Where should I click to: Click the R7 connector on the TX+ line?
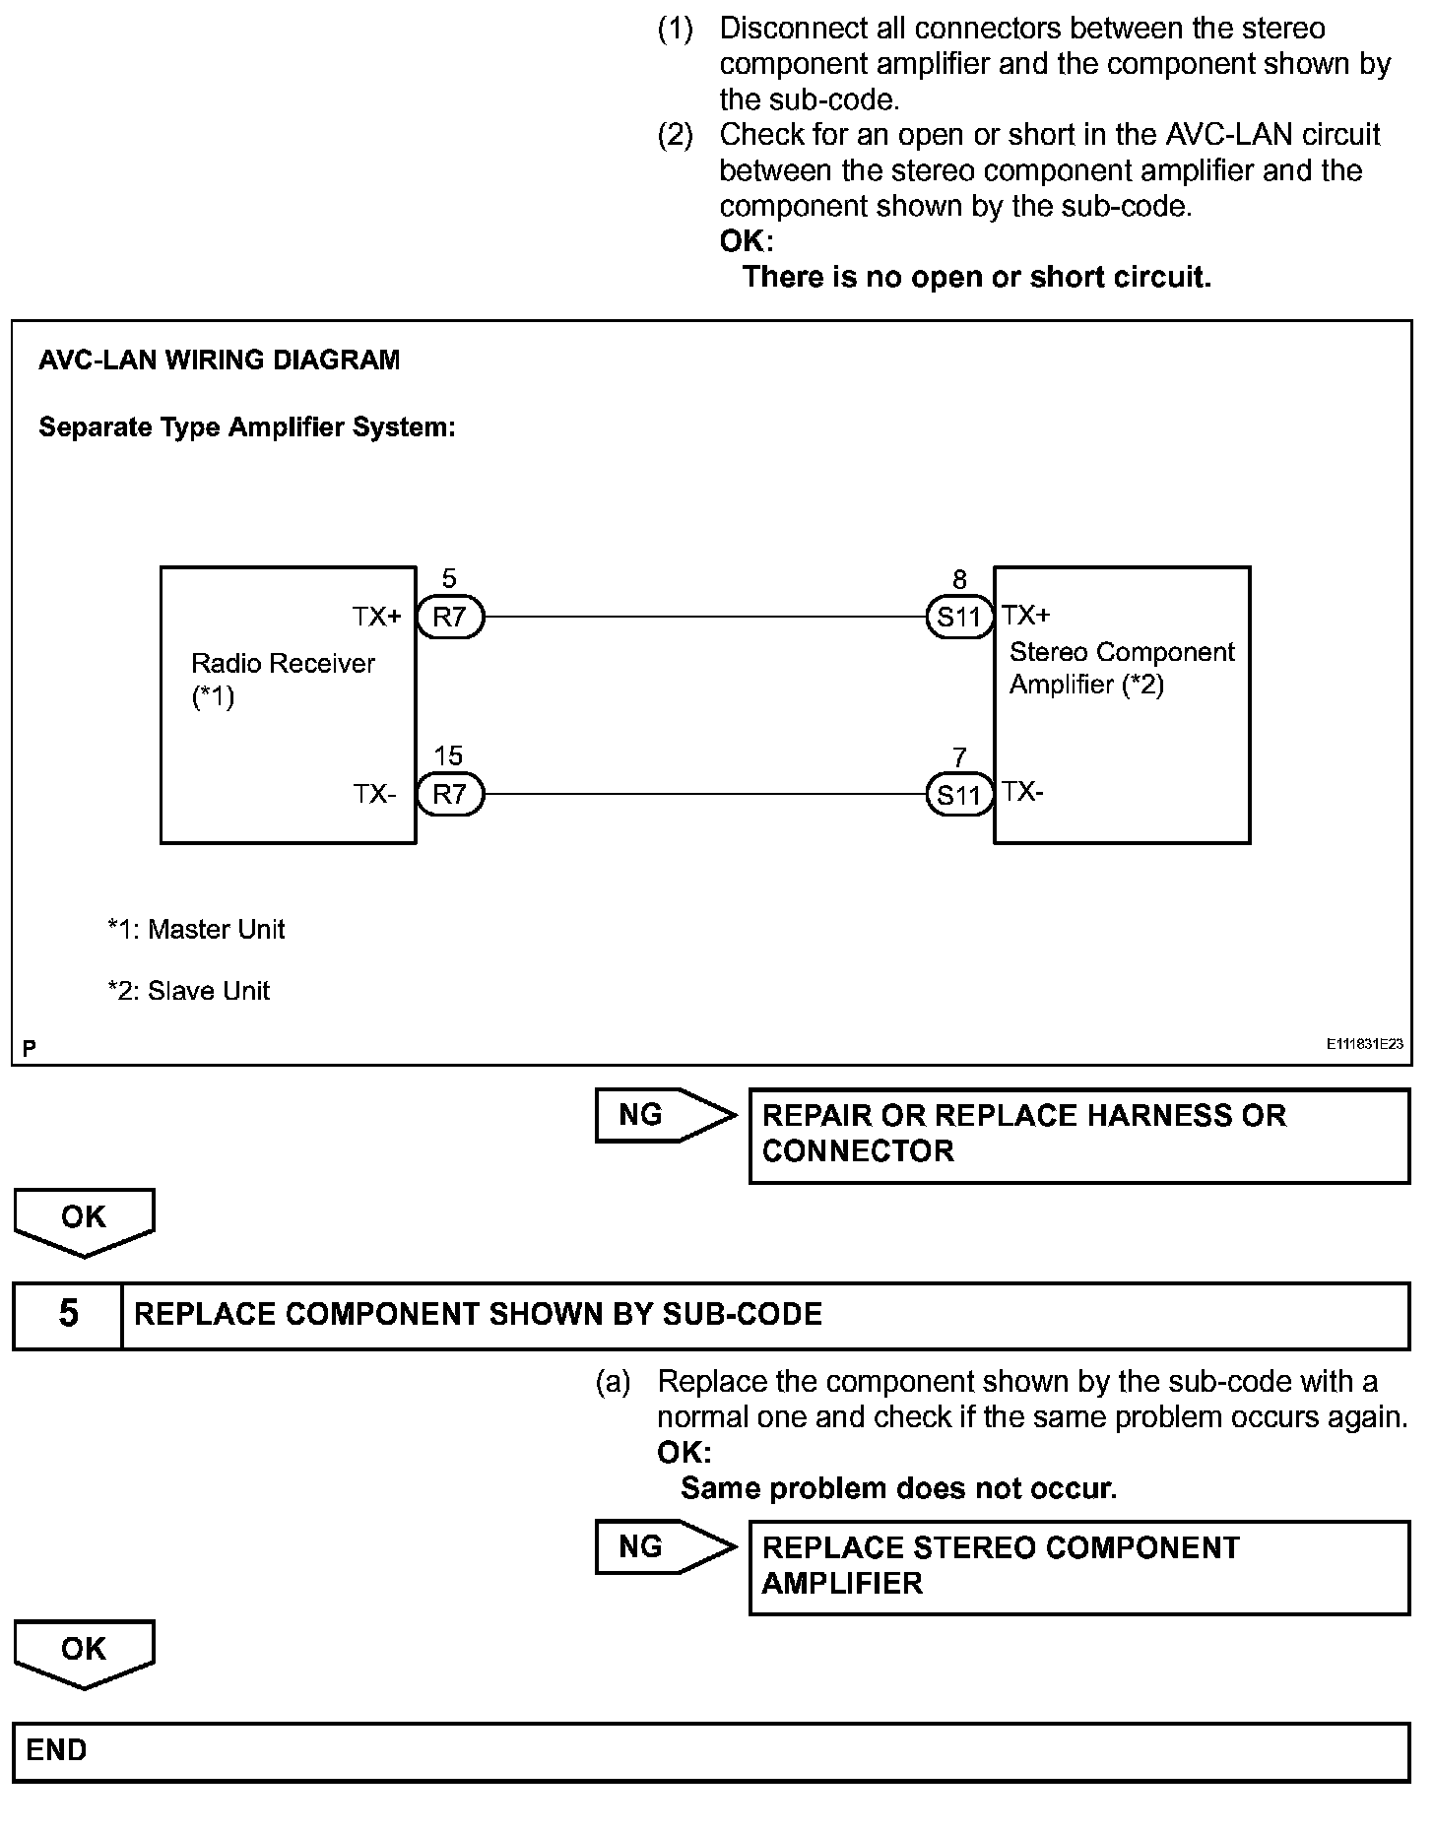pos(450,618)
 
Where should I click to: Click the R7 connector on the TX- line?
pos(450,794)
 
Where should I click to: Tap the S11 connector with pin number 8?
pos(959,618)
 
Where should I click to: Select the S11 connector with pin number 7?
pos(959,794)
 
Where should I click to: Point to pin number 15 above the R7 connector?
pos(448,755)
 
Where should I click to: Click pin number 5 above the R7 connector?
pos(449,579)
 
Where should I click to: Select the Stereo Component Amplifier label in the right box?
pos(1121,668)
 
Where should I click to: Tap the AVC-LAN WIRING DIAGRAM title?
pos(219,360)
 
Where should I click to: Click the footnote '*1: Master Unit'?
pos(196,929)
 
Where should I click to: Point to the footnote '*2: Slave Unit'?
pos(188,991)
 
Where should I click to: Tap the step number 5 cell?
pos(68,1314)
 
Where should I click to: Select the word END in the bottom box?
pos(57,1750)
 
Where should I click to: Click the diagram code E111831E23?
pos(1363,1044)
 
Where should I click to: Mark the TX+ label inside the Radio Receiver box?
pos(377,618)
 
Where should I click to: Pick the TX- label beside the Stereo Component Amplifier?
pos(1023,792)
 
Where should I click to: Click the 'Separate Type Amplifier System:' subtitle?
pos(246,427)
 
